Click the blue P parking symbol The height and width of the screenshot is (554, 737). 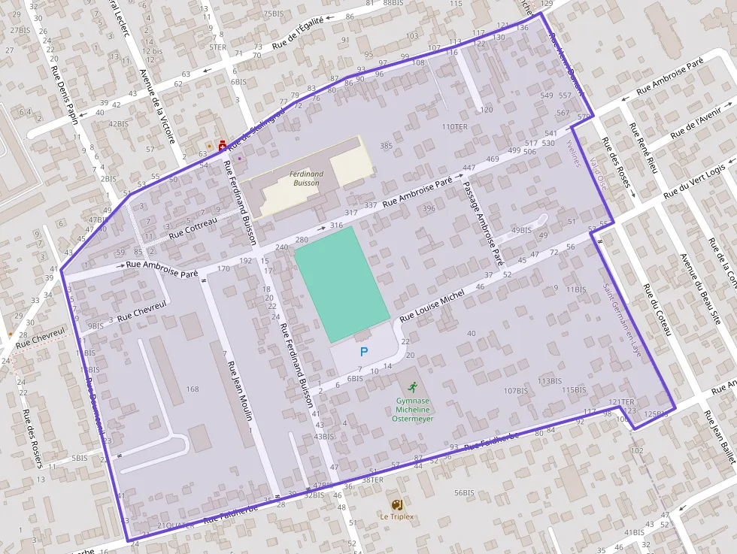point(364,351)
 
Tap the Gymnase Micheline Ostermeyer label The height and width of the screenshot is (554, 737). point(412,410)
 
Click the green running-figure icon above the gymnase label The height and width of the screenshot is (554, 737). point(411,388)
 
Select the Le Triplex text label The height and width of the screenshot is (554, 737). point(396,517)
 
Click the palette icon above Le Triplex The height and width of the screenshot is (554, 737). point(396,504)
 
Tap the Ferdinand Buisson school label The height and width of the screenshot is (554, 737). point(306,178)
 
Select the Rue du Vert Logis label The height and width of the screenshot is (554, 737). point(699,180)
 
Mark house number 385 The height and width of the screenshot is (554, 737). point(387,146)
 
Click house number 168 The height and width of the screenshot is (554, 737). point(193,389)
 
